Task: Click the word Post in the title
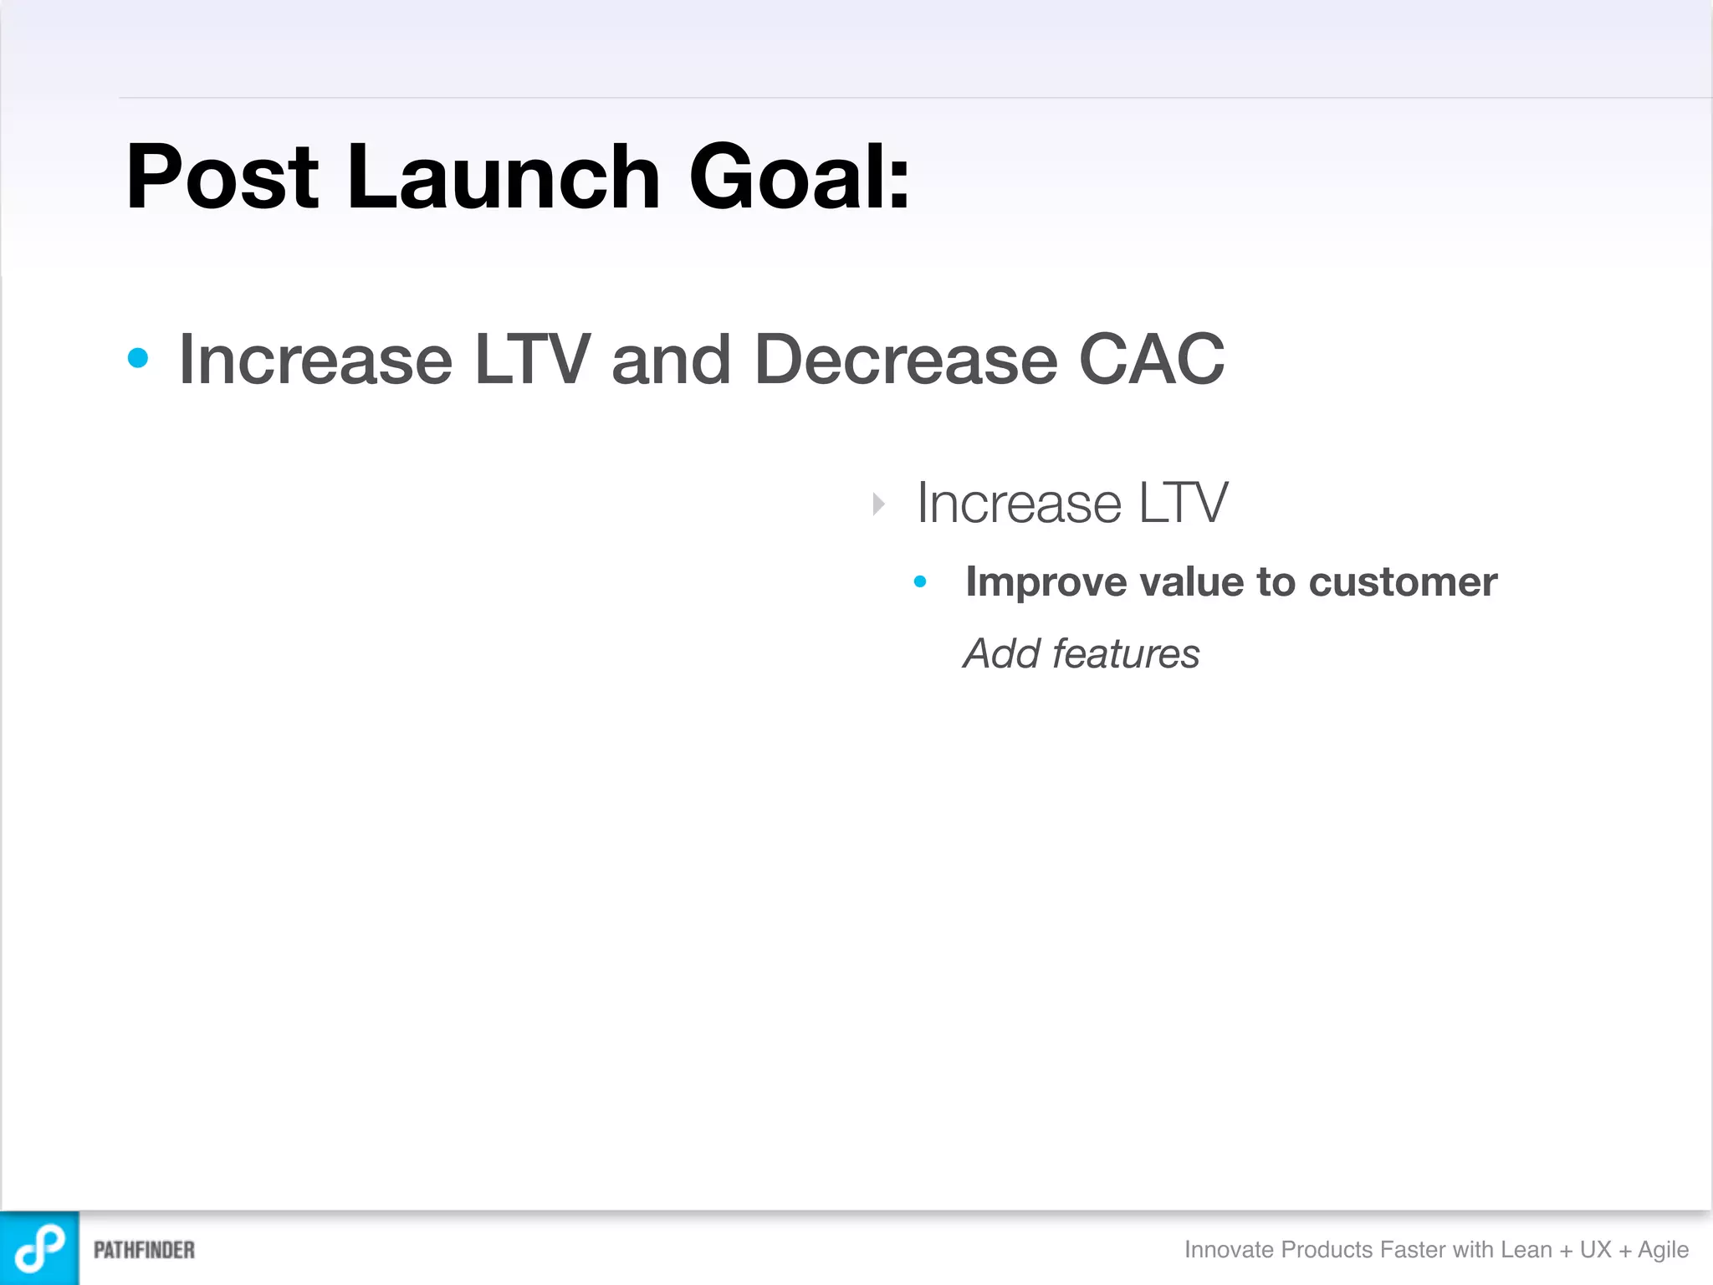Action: (x=222, y=177)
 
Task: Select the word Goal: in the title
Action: (x=799, y=177)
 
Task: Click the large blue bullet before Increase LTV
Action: (x=138, y=359)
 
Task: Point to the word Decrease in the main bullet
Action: (x=906, y=359)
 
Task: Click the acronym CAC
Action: (x=1152, y=359)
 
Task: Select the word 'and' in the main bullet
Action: (x=671, y=359)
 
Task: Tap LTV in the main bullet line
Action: (x=532, y=359)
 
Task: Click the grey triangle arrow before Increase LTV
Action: (x=878, y=504)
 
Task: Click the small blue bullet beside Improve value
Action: (x=920, y=581)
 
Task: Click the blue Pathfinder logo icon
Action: (x=39, y=1247)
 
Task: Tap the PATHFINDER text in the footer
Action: (x=144, y=1250)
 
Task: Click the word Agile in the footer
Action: (x=1663, y=1250)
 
